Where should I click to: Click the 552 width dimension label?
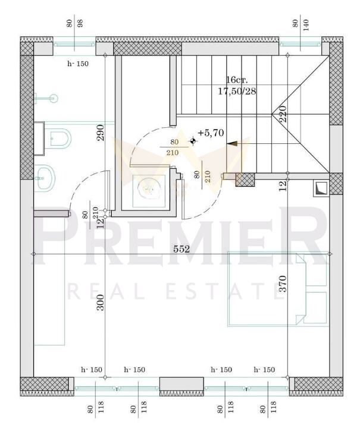click(x=181, y=249)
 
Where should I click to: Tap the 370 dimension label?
click(x=283, y=284)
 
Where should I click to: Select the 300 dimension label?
click(x=101, y=302)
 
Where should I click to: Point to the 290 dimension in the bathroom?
click(x=101, y=133)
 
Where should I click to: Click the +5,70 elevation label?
click(x=211, y=133)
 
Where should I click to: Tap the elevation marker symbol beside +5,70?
click(x=193, y=141)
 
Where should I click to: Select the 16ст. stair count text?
click(x=237, y=80)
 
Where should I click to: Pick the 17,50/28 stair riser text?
click(x=237, y=91)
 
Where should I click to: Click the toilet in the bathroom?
click(x=58, y=138)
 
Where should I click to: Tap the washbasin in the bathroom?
click(x=45, y=177)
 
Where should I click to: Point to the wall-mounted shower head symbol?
click(x=46, y=98)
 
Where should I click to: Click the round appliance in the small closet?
click(x=149, y=188)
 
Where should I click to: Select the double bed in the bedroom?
click(x=277, y=289)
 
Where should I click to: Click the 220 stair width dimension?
click(x=283, y=114)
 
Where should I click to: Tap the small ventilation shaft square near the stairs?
click(x=321, y=188)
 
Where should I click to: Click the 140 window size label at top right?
click(x=305, y=25)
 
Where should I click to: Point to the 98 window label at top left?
click(x=80, y=23)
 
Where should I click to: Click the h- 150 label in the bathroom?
click(x=78, y=64)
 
